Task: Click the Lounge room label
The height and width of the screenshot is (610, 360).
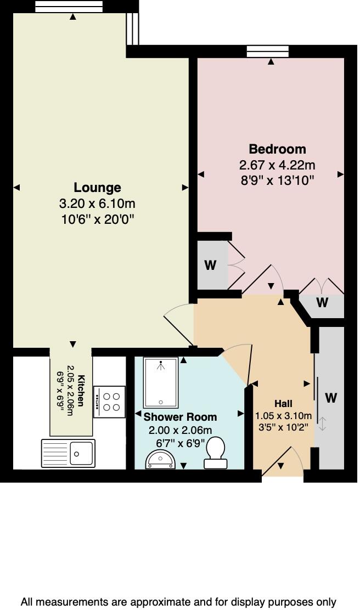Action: [x=97, y=188]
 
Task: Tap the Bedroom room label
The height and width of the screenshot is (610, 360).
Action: [x=277, y=149]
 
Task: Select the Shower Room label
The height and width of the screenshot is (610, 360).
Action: [x=180, y=417]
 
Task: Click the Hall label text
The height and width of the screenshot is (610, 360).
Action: [x=284, y=403]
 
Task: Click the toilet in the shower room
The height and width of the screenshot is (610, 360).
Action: [x=216, y=453]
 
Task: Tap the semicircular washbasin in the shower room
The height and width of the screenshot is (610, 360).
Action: [x=160, y=460]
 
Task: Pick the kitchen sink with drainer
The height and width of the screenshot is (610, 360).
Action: [x=67, y=453]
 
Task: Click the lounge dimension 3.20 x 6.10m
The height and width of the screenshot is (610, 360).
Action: [x=97, y=204]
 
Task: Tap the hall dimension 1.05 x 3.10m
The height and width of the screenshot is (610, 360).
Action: [x=284, y=415]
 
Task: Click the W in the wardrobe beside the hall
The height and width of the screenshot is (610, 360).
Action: [x=331, y=397]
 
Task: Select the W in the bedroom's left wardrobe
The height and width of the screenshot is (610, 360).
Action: [x=210, y=266]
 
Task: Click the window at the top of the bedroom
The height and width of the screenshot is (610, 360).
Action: [x=268, y=52]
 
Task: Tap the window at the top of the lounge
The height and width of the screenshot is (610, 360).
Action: [x=69, y=6]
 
